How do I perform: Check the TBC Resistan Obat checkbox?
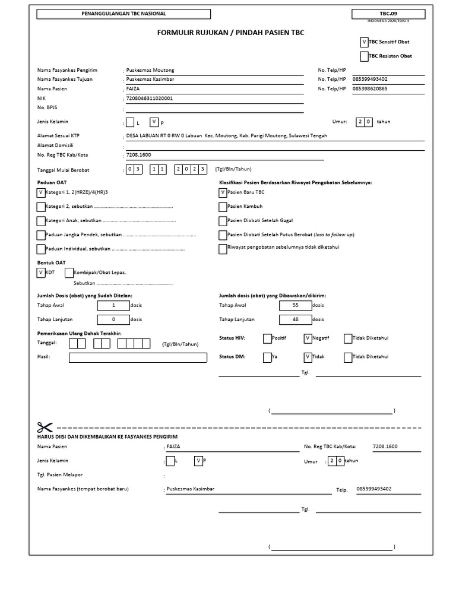tap(364, 56)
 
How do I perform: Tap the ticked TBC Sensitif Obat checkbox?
tap(364, 42)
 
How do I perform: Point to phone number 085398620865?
tap(370, 88)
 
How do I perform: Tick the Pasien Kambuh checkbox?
tap(223, 207)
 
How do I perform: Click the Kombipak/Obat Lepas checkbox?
tap(69, 273)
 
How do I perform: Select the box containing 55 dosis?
tap(296, 305)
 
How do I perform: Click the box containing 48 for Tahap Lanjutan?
tap(296, 319)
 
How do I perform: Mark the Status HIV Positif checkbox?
tap(267, 338)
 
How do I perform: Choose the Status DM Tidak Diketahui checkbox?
tap(348, 357)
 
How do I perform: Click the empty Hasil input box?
tap(138, 357)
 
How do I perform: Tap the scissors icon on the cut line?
tap(45, 427)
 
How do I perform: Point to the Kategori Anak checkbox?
tap(40, 221)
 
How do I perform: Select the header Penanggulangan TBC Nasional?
tap(123, 13)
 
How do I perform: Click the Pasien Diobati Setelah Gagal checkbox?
tap(223, 221)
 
